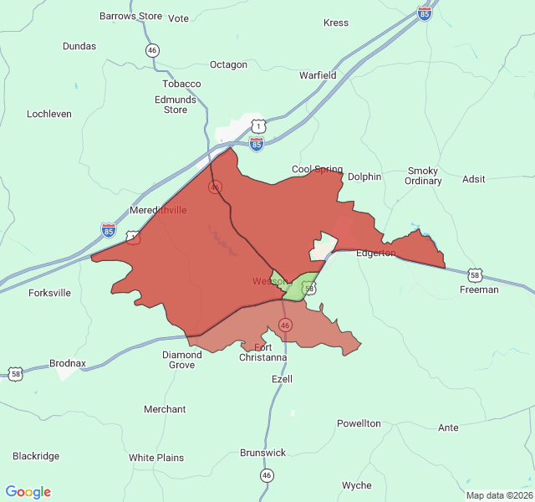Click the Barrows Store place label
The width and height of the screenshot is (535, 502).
point(130,16)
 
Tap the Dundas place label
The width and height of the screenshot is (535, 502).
point(79,46)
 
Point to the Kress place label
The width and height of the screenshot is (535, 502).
point(335,23)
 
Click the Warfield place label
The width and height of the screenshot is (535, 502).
point(318,75)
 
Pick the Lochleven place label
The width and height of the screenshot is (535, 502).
point(49,114)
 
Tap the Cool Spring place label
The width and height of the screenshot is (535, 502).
point(317,169)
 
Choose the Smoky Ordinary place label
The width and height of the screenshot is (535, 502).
point(423,176)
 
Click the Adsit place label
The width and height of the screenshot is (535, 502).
point(473,179)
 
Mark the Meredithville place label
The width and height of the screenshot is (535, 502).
point(159,210)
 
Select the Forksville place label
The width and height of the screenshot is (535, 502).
point(49,293)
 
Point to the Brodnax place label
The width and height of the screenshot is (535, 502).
point(68,363)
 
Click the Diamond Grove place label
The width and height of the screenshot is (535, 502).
point(181,360)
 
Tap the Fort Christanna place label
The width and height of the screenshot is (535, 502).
point(262,352)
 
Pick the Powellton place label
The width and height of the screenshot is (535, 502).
point(359,423)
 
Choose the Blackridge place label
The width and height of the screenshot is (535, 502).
point(36,456)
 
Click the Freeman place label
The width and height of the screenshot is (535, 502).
point(479,289)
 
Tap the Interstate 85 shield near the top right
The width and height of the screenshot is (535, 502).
point(425,15)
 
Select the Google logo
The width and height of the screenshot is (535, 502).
point(28,492)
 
